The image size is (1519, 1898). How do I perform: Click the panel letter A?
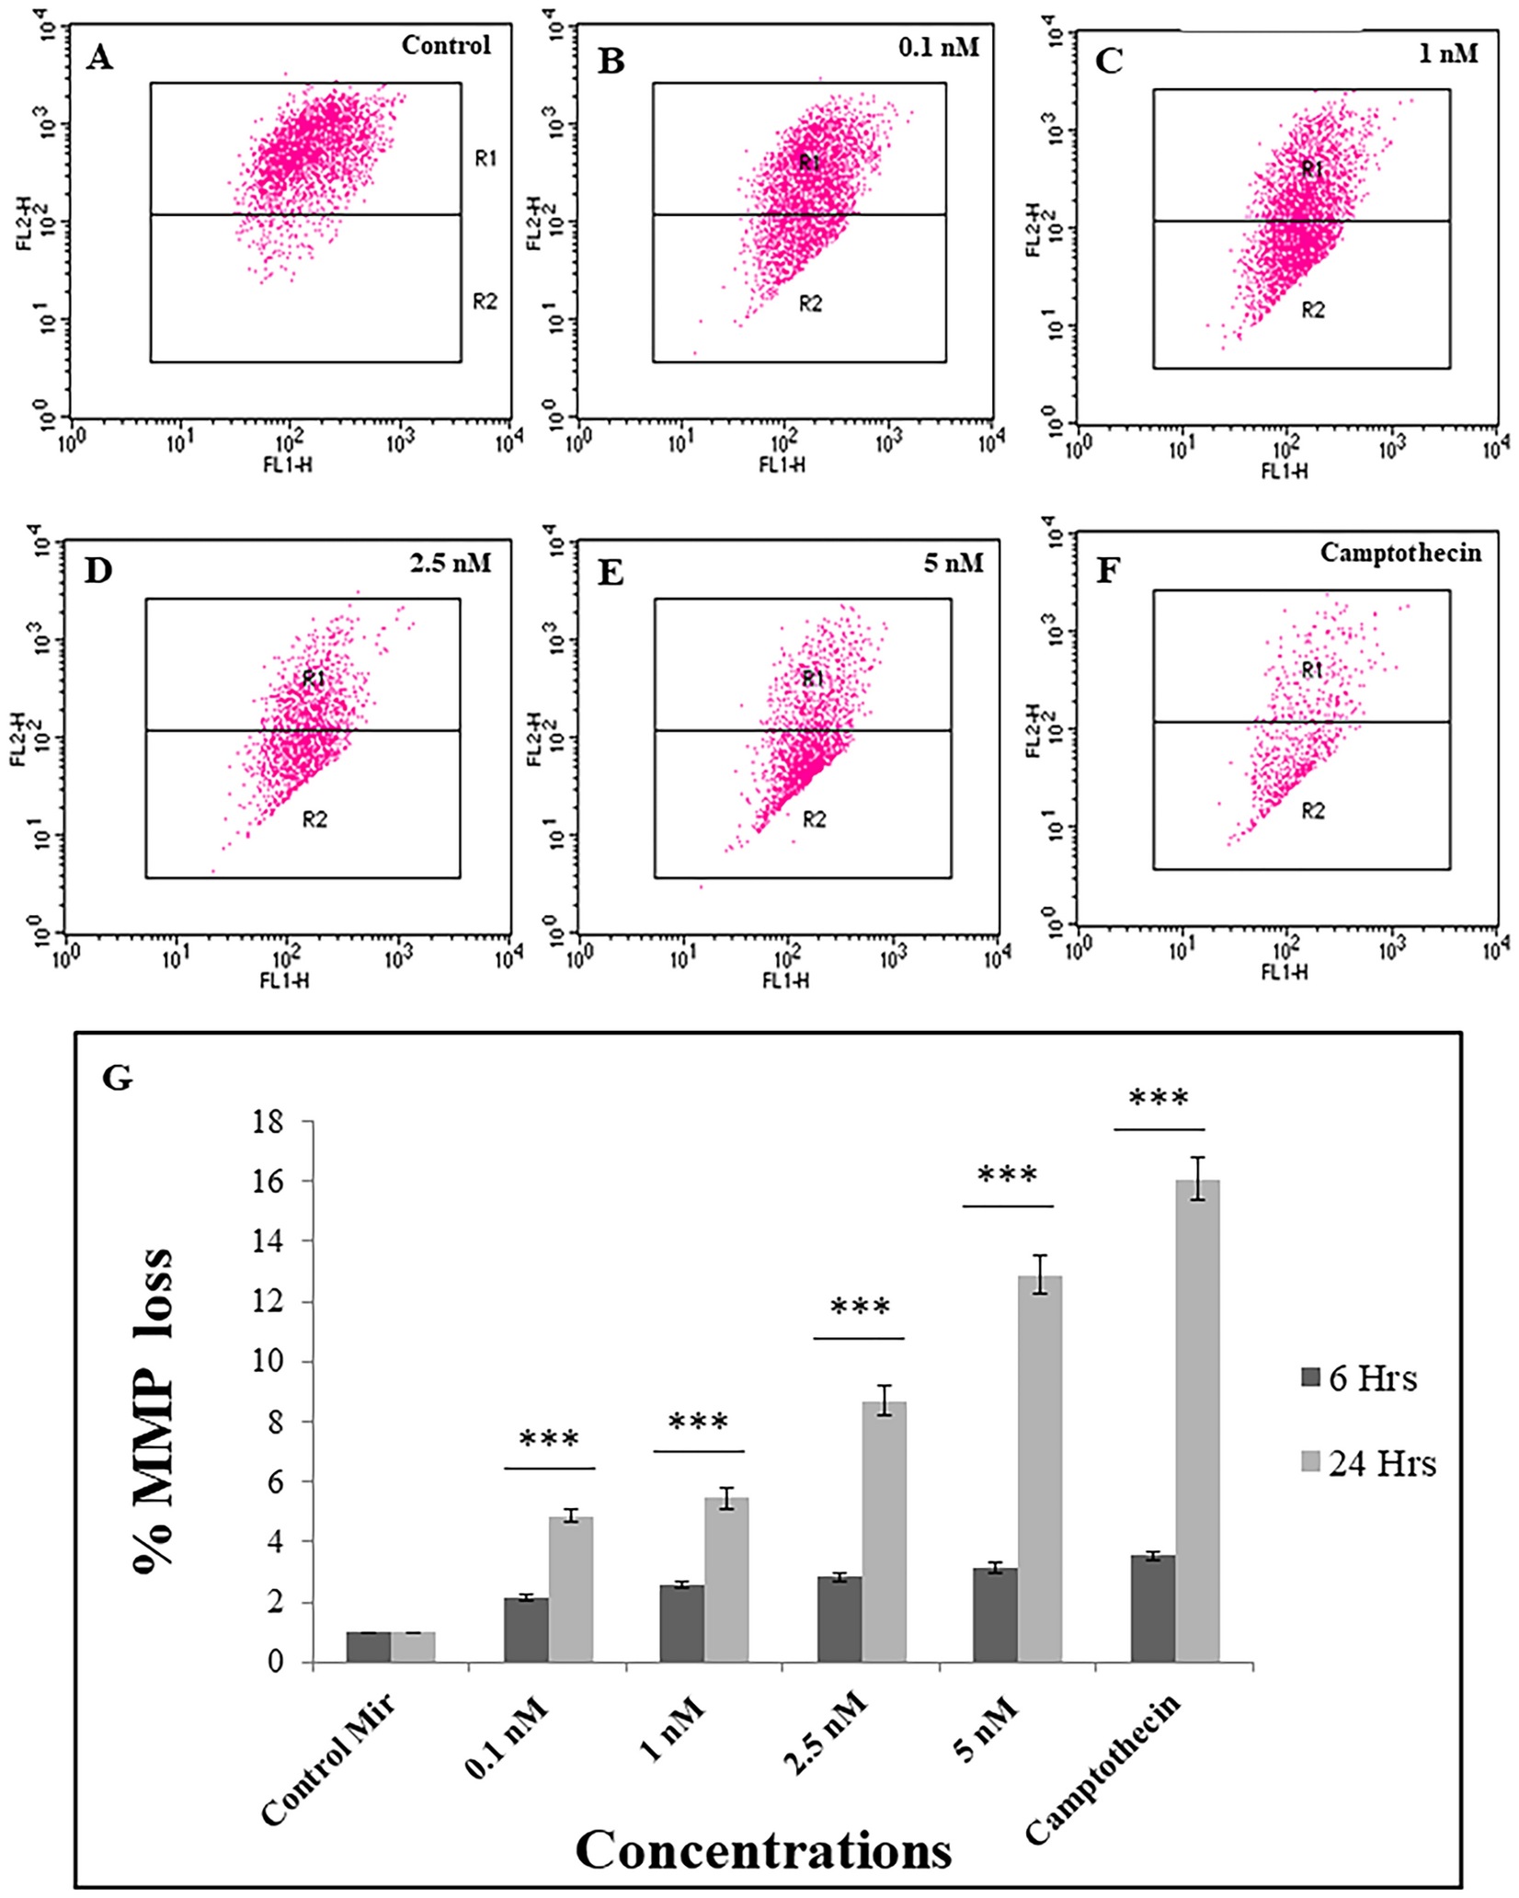tap(99, 59)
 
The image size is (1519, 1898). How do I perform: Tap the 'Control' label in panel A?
tap(446, 45)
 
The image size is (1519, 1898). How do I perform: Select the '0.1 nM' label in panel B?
tap(939, 45)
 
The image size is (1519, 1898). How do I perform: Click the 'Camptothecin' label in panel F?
tap(1400, 553)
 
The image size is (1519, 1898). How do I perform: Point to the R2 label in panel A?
tap(485, 301)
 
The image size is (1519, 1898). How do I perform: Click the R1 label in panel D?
tap(314, 679)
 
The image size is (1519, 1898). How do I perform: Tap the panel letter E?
tap(611, 573)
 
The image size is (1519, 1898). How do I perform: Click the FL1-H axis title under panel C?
tap(1284, 472)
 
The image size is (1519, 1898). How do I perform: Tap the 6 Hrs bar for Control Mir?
tap(368, 1647)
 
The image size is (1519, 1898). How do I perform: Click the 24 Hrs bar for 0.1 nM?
tap(571, 1590)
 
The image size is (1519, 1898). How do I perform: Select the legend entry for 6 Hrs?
tap(1359, 1379)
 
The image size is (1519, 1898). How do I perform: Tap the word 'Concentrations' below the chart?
tap(763, 1848)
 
